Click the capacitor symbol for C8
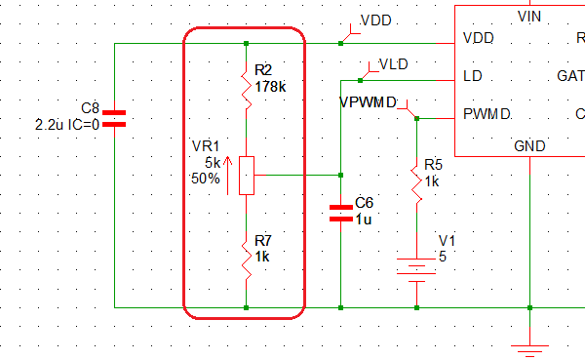coord(114,119)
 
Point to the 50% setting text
coord(206,179)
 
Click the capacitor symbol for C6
coord(340,213)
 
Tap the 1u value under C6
coord(363,220)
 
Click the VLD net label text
coord(393,64)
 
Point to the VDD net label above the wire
coord(376,20)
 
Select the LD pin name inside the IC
coord(472,76)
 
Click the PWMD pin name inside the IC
coord(487,114)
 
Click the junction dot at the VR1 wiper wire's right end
coord(340,175)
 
